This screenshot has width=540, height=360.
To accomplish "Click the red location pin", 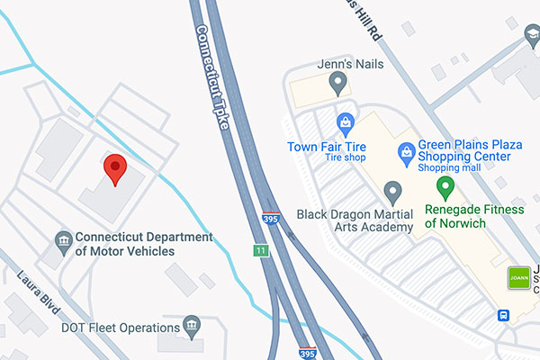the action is [114, 167].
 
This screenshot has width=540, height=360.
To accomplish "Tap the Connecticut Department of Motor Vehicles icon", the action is [63, 240].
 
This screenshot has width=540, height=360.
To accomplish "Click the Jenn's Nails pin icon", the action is [338, 85].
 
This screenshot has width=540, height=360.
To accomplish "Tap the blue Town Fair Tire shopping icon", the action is [344, 121].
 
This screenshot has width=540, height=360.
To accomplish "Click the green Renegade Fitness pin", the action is [443, 188].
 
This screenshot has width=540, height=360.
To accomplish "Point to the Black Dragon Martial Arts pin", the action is [391, 192].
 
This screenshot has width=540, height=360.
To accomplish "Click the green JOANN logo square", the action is [518, 278].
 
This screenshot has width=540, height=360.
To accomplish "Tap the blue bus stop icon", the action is [504, 316].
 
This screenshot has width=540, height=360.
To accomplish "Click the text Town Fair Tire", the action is [325, 147].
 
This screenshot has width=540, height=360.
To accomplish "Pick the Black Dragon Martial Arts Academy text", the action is [355, 220].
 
